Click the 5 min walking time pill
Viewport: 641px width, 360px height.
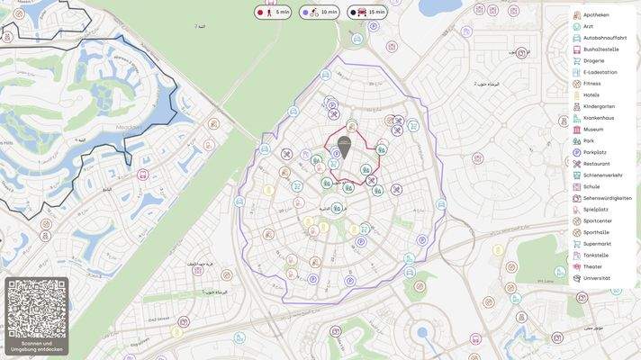[274, 13]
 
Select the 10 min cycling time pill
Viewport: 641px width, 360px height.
[320, 13]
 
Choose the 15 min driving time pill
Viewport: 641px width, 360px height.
[367, 13]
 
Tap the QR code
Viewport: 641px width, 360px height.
[37, 309]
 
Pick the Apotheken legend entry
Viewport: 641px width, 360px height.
[596, 15]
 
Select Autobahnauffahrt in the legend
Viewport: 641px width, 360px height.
[605, 38]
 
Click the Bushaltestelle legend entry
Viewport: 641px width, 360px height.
[600, 49]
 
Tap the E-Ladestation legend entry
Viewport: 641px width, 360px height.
[600, 72]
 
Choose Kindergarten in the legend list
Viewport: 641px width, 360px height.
[599, 106]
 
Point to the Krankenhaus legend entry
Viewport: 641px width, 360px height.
[599, 118]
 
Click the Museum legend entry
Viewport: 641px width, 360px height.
[593, 130]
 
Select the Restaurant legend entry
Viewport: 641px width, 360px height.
[596, 164]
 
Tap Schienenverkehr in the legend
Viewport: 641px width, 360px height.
[602, 175]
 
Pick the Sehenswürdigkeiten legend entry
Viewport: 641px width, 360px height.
[607, 198]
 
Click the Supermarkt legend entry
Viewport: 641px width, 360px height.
[597, 244]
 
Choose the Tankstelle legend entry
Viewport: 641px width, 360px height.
[596, 256]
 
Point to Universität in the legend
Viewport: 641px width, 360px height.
[596, 278]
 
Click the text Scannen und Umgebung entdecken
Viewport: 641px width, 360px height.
[37, 346]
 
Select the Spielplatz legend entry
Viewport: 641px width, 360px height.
[596, 210]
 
